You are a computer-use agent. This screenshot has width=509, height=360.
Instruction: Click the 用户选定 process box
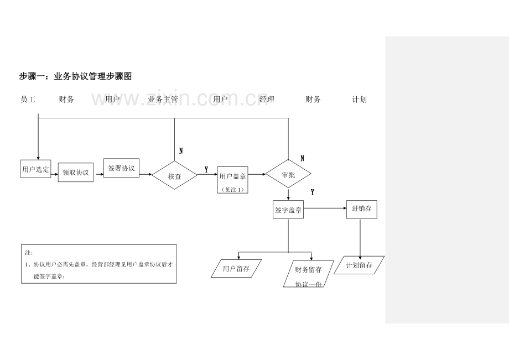click(x=36, y=169)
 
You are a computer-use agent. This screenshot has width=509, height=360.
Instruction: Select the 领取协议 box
click(x=76, y=172)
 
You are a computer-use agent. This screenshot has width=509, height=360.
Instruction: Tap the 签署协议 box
click(x=121, y=168)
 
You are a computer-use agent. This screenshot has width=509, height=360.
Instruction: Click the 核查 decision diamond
click(x=175, y=175)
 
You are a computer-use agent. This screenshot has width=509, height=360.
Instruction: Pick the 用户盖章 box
click(x=233, y=180)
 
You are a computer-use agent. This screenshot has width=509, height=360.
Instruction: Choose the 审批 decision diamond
click(x=288, y=174)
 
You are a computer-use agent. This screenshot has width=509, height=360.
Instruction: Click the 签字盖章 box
click(x=288, y=210)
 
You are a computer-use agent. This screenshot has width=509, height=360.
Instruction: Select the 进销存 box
click(x=362, y=210)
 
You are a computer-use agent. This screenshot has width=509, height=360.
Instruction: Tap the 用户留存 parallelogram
click(x=236, y=269)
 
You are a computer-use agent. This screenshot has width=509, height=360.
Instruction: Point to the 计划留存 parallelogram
click(x=359, y=265)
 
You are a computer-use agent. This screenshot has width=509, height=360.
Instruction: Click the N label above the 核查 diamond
click(x=181, y=151)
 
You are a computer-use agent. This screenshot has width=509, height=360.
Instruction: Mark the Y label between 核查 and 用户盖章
click(x=206, y=170)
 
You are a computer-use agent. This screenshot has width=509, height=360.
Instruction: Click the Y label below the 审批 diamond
click(x=313, y=192)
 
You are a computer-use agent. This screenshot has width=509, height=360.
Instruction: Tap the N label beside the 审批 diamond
click(x=303, y=158)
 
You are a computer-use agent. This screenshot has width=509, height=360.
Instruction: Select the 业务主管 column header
click(x=163, y=99)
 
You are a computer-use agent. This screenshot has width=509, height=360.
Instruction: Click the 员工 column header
click(x=28, y=99)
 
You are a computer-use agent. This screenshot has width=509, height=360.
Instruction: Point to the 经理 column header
click(x=267, y=99)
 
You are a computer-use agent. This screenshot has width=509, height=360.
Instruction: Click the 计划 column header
click(x=360, y=99)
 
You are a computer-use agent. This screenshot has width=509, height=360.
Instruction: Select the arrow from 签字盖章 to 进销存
click(x=325, y=208)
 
